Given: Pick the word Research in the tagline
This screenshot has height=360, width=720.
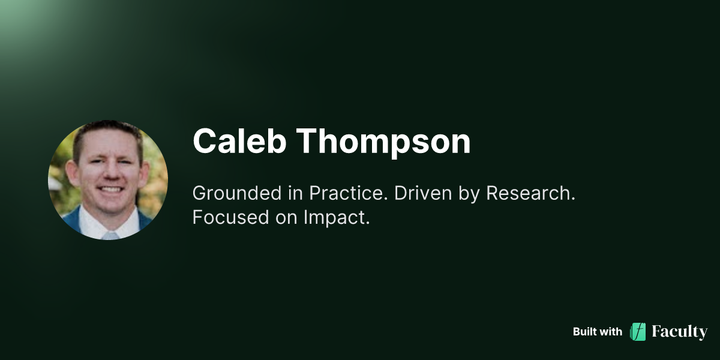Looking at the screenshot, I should [x=530, y=193].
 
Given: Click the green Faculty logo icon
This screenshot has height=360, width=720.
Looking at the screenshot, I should [x=638, y=332].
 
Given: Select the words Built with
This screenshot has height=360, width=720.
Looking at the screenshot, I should [x=597, y=332].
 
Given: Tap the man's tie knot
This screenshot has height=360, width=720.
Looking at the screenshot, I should [x=110, y=235].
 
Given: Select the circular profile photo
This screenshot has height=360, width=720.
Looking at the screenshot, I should [x=108, y=180].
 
